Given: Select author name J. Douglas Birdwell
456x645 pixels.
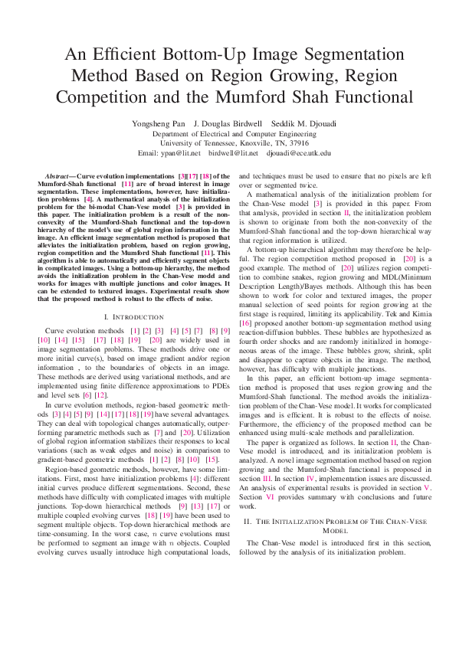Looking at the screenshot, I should pos(228,123).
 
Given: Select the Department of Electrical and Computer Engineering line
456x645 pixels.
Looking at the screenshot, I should pos(228,133).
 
